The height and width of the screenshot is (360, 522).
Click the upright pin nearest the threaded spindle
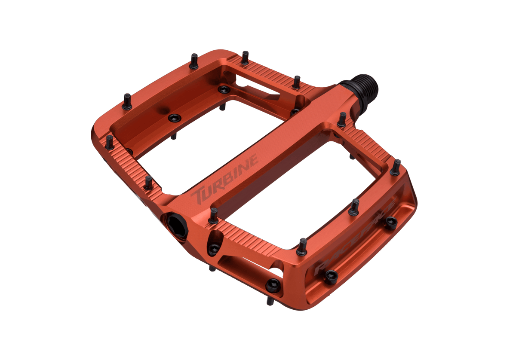click(342, 119)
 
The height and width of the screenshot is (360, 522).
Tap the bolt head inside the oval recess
click(214, 249)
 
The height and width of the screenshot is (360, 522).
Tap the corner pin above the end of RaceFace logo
click(396, 167)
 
